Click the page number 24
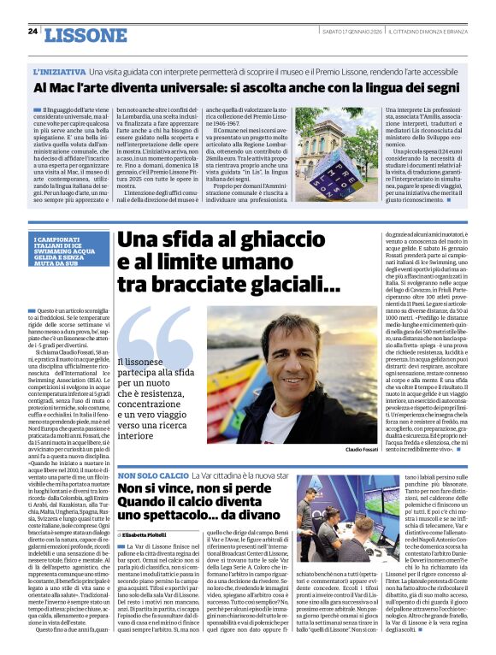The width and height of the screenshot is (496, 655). pyautogui.click(x=32, y=32)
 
